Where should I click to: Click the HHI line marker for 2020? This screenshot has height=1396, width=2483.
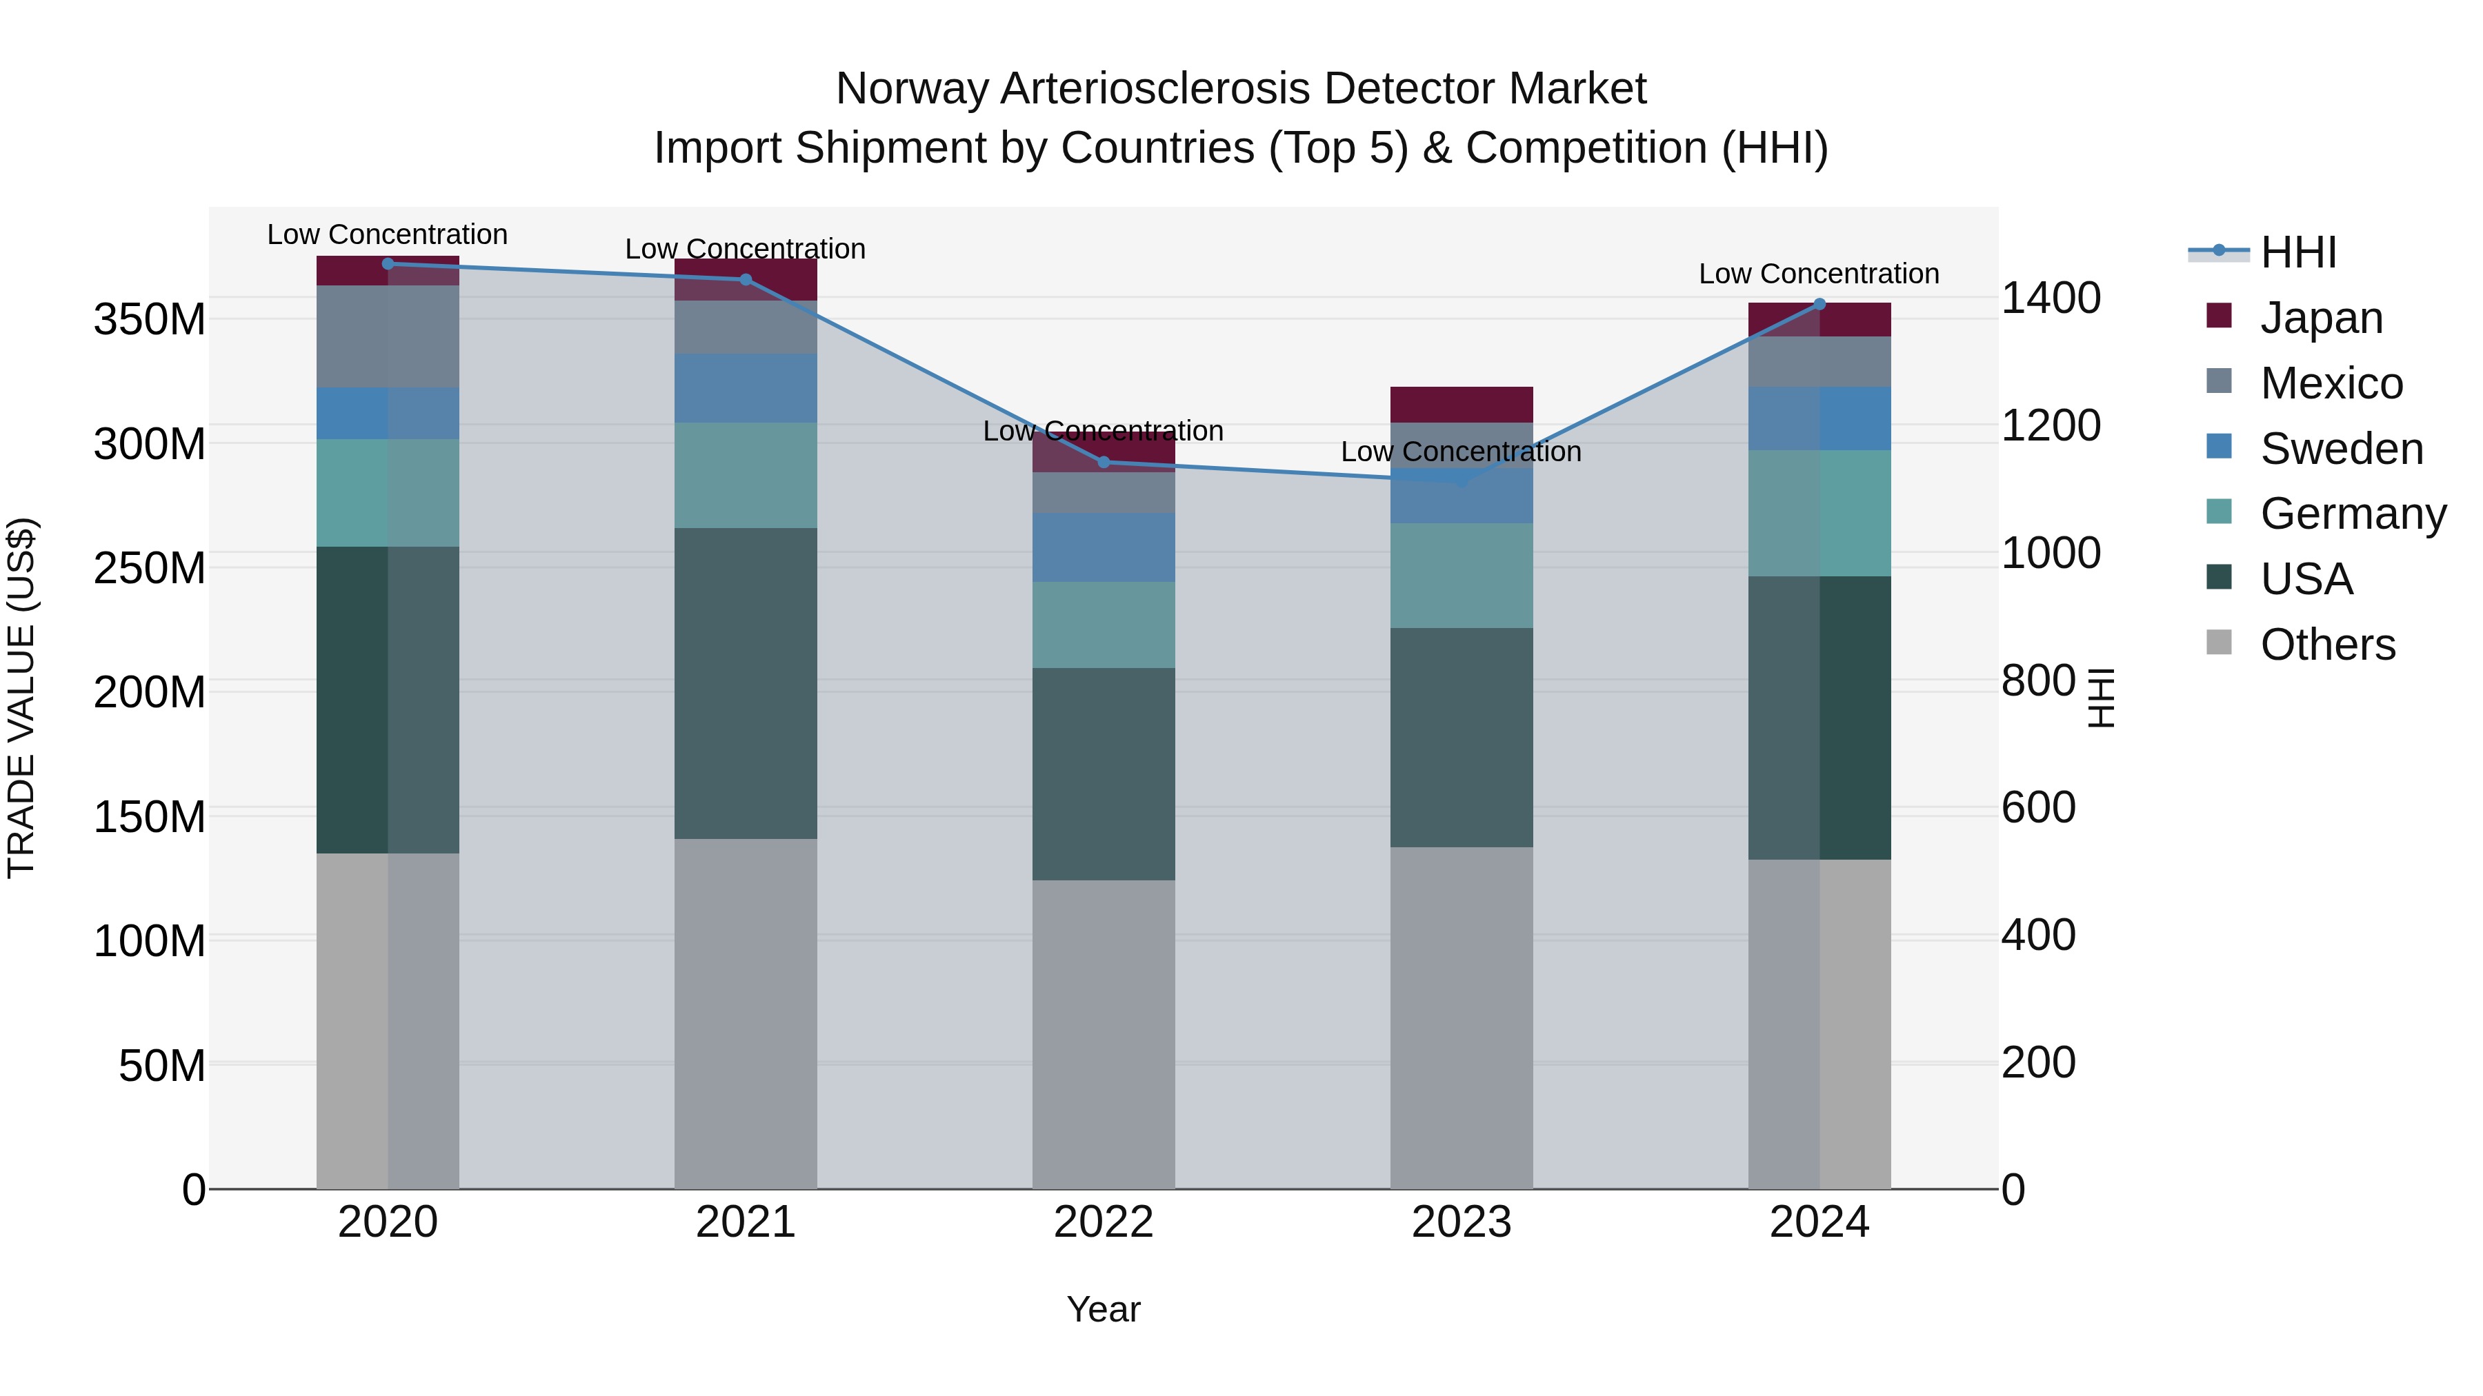coord(388,263)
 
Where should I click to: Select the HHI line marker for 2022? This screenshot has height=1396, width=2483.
coord(1104,463)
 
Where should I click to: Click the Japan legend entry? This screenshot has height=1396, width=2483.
coord(2321,318)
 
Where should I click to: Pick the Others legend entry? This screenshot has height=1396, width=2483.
coord(2327,645)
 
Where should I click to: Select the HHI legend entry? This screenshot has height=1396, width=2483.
coord(2298,252)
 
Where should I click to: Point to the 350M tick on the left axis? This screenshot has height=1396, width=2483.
coord(150,319)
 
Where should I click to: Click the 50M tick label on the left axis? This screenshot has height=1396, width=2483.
coord(162,1066)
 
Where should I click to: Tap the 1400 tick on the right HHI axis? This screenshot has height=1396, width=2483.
coord(2051,298)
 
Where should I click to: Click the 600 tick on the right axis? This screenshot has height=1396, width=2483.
coord(2037,807)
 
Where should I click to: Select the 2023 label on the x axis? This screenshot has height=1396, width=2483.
coord(1462,1222)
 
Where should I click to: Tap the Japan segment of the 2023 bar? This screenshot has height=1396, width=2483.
coord(1462,404)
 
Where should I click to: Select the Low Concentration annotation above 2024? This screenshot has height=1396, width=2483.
coord(1818,274)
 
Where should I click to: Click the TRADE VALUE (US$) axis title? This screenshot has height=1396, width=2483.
coord(21,698)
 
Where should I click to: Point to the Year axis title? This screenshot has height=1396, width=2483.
coord(1103,1309)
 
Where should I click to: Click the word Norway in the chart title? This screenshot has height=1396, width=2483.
coord(911,89)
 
